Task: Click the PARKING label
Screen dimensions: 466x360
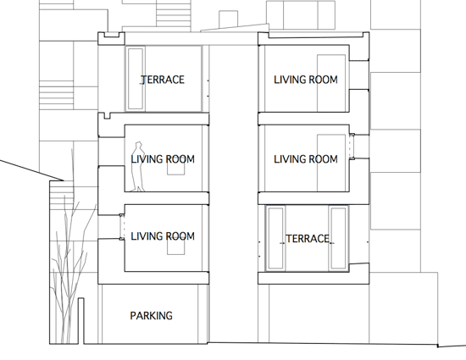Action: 152,315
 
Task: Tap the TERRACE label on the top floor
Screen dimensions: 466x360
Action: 163,80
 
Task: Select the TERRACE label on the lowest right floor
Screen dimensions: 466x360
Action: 308,239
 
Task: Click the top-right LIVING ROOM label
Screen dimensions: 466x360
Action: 306,80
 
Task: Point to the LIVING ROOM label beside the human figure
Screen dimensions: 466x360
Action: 163,159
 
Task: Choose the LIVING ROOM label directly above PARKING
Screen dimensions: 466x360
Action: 163,236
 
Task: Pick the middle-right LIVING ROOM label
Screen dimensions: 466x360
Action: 306,159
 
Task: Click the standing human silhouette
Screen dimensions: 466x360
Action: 138,167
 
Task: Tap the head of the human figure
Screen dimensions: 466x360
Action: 138,145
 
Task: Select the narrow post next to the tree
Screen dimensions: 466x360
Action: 81,321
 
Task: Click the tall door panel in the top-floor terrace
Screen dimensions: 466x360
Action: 136,79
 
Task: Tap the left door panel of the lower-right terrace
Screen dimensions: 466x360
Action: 275,238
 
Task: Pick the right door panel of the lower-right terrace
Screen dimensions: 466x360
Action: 338,238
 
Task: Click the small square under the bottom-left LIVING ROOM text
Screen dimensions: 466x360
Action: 175,246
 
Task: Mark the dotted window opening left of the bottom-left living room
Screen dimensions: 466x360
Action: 122,227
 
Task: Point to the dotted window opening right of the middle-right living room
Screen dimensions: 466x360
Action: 352,147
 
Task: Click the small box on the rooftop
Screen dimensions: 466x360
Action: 228,19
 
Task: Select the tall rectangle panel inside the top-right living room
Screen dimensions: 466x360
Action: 331,83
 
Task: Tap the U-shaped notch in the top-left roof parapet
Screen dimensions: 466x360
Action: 112,36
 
